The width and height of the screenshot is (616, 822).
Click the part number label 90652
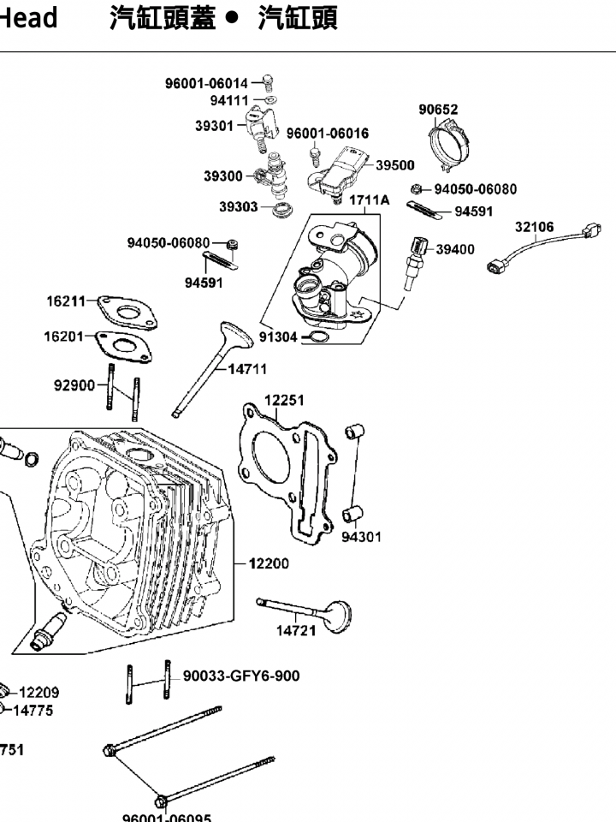point(438,110)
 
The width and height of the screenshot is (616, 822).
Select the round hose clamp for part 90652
point(450,144)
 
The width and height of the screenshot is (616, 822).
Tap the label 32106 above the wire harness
point(535,228)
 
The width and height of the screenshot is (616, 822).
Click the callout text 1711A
point(369,200)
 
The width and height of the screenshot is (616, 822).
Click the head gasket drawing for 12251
point(282,467)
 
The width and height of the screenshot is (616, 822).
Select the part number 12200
point(269,563)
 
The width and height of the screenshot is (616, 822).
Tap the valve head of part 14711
point(235,334)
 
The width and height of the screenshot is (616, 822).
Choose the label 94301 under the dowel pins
point(362,537)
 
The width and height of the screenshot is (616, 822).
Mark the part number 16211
point(66,301)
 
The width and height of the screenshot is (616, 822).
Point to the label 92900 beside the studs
point(74,385)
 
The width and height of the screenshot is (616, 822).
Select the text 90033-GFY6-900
point(241,676)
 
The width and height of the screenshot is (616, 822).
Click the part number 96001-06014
point(206,83)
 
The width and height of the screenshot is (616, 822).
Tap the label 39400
point(455,250)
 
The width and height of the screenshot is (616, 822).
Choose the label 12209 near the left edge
point(39,693)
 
